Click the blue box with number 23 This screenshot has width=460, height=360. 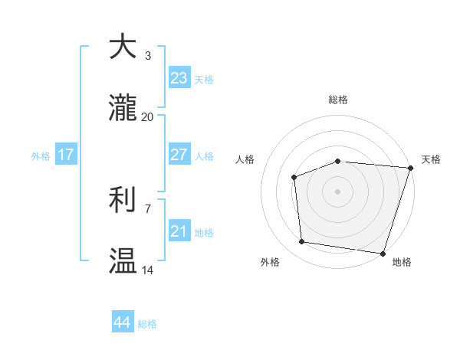179,78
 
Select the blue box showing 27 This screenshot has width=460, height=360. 179,155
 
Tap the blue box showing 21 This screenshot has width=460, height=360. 179,231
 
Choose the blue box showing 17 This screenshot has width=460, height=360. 66,155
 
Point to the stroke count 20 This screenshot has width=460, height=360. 147,117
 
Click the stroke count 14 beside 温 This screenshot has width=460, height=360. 147,270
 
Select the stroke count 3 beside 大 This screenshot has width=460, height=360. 148,56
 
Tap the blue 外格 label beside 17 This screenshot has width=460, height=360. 41,155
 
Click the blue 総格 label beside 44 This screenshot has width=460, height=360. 147,324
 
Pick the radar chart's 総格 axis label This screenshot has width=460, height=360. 337,100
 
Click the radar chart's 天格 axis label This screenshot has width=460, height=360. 431,159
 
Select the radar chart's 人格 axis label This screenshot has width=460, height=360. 245,159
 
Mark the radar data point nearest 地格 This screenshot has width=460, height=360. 383,253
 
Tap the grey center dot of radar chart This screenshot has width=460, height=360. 337,191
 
